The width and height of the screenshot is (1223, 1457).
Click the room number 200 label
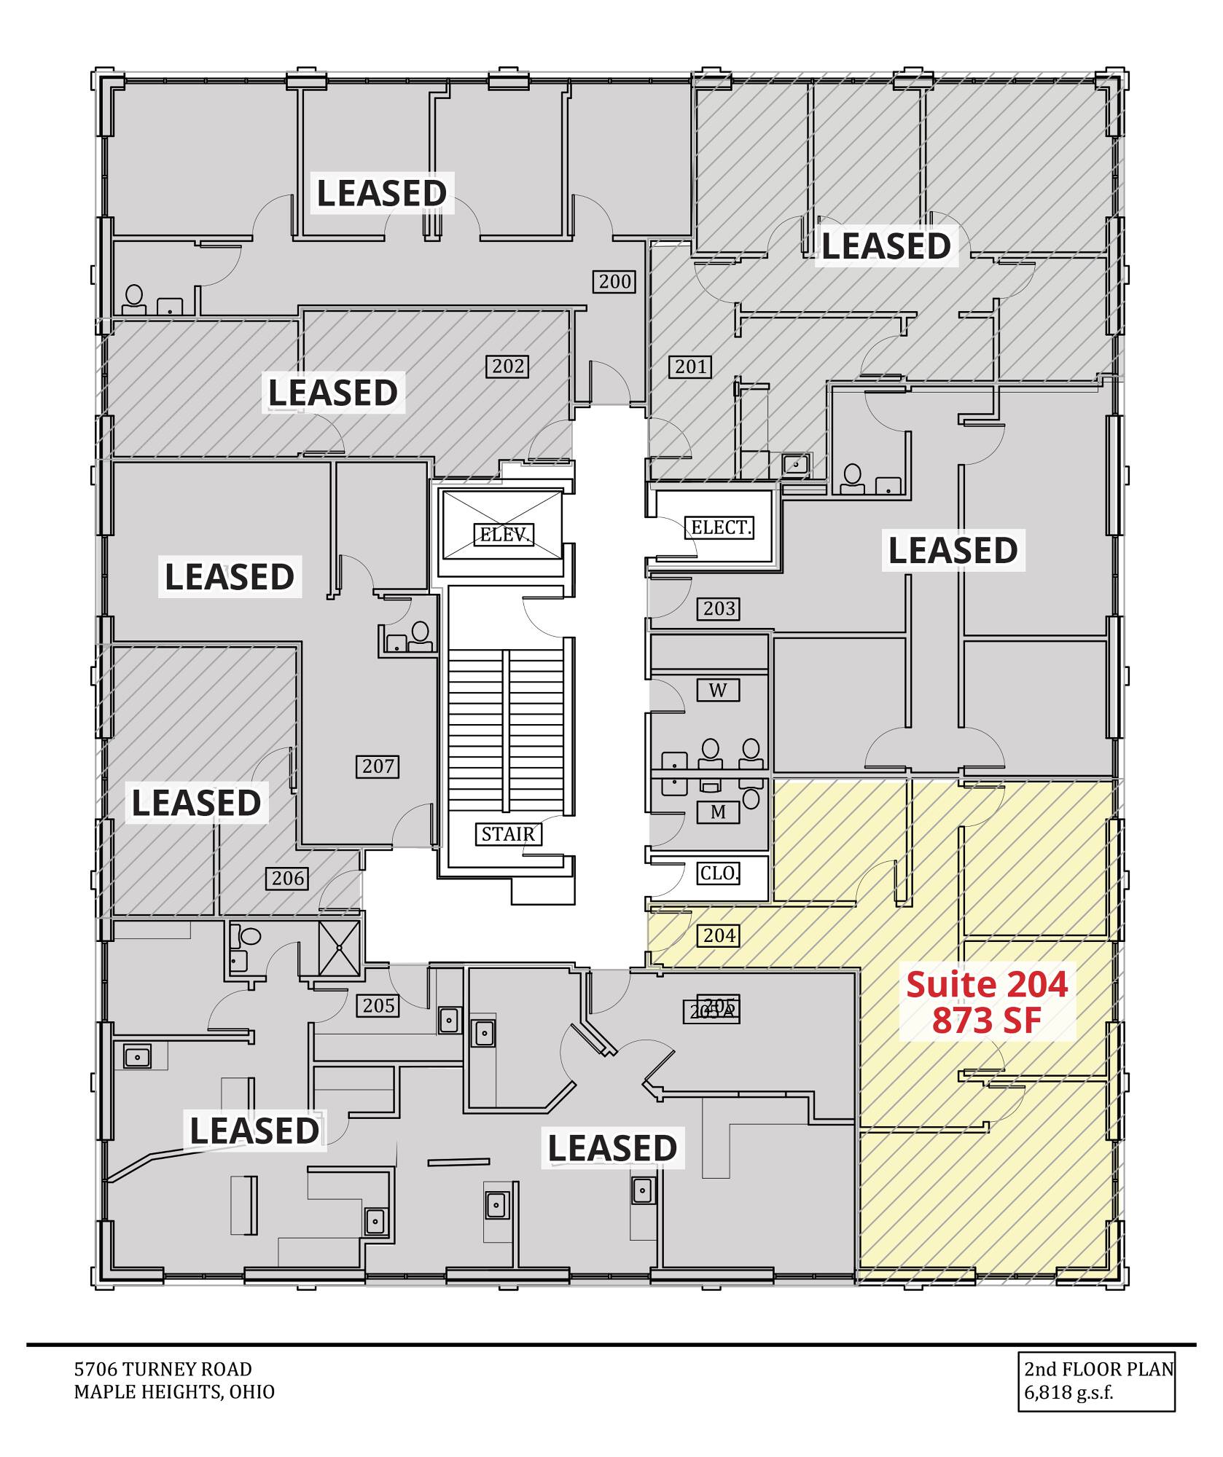614,281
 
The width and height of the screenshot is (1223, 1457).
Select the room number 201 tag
691,366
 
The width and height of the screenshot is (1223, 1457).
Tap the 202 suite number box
508,366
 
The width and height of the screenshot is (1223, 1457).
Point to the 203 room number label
719,608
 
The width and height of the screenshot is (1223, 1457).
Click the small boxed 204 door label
719,935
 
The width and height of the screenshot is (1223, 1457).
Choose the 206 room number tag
287,878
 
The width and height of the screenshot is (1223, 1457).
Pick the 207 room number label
378,766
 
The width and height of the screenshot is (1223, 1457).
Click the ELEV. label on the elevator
504,535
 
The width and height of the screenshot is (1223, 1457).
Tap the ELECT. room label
720,527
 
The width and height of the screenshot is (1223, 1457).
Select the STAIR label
508,834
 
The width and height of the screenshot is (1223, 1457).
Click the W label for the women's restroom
718,690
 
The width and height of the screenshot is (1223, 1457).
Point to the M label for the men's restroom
718,812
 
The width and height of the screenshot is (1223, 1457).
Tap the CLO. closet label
719,873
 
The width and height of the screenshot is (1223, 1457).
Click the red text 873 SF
987,1021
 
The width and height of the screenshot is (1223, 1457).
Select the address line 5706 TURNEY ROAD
163,1369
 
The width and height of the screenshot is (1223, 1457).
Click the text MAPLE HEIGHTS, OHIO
175,1391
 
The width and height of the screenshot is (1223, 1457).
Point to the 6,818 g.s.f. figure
1069,1392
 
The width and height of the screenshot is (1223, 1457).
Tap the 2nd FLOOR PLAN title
1099,1369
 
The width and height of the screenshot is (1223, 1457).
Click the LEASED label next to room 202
333,393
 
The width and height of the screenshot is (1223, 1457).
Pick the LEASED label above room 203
953,550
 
